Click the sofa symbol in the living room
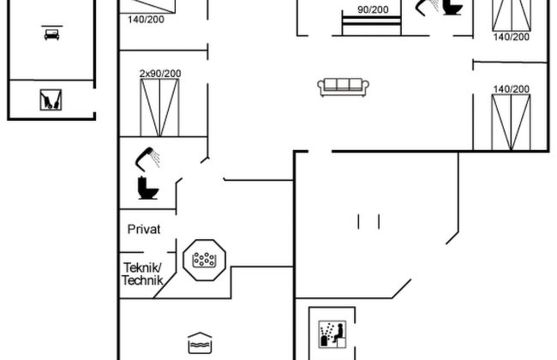[x=343, y=86]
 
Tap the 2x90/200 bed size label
[x=160, y=74]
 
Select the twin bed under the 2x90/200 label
[x=161, y=108]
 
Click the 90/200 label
[x=372, y=10]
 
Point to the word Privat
[x=144, y=229]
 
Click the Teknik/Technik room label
[x=141, y=273]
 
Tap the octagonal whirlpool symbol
[x=204, y=259]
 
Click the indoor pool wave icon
[x=198, y=343]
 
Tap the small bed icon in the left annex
[x=51, y=34]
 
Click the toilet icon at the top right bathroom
[x=451, y=8]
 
